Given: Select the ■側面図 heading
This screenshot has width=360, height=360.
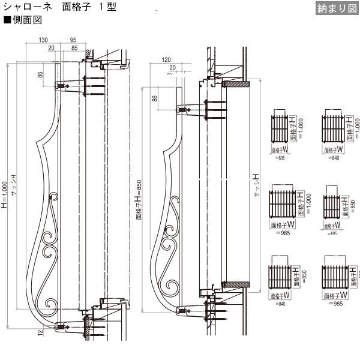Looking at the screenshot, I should tap(23, 20).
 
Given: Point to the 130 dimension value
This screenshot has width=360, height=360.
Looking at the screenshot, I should tap(43, 40).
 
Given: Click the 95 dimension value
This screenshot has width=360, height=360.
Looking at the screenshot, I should tap(73, 40).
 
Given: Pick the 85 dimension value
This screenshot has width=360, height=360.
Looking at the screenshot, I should tap(74, 47).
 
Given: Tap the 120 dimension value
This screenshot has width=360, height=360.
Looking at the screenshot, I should tap(166, 61).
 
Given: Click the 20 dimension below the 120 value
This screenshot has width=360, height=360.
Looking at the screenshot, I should tap(173, 68).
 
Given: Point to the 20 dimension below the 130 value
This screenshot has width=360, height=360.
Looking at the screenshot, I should tap(52, 47).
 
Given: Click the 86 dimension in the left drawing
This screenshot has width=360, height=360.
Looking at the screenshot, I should tap(40, 75).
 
